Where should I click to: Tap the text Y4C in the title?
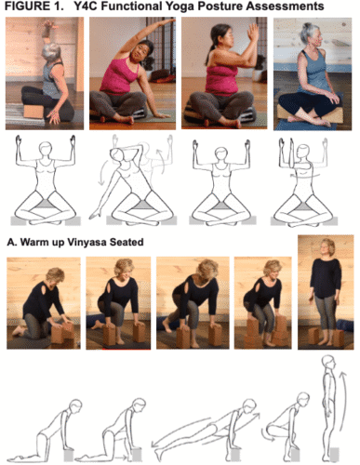coord(85,7)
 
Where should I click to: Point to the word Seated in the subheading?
coord(127,242)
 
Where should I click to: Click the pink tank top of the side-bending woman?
coord(118,75)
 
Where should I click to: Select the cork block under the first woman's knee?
coord(33,112)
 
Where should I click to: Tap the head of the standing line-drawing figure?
coord(328,362)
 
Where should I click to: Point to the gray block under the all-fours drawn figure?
coord(69,456)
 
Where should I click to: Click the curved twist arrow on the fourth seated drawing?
coord(305,176)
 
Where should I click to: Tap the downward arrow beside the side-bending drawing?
coord(102,173)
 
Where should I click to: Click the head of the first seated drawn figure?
coord(46,148)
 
